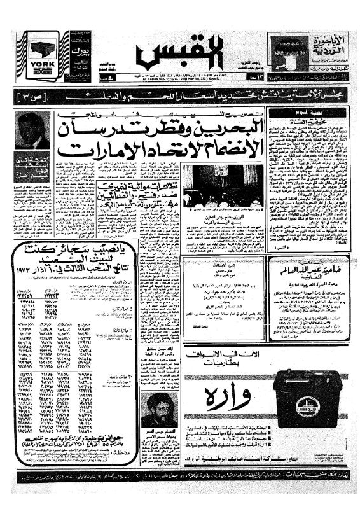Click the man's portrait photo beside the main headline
pos(32,130)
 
